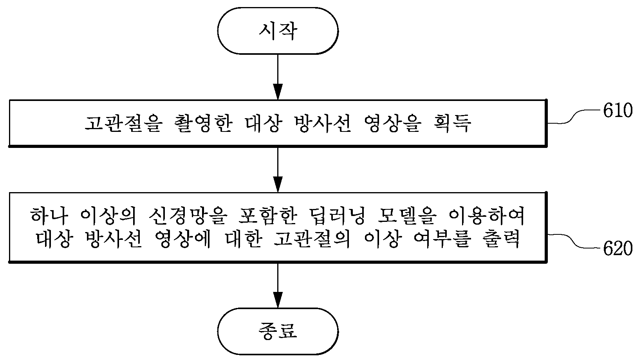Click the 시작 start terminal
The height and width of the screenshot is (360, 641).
(x=278, y=31)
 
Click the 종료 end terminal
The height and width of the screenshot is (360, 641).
(x=278, y=331)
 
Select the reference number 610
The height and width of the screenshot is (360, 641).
(x=618, y=111)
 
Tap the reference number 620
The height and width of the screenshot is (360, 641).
(x=618, y=248)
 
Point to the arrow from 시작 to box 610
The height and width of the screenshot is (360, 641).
(x=278, y=77)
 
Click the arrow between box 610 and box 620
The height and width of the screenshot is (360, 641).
(x=278, y=170)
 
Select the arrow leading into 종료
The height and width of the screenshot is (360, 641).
(x=278, y=285)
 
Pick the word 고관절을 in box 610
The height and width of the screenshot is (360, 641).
(x=124, y=123)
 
